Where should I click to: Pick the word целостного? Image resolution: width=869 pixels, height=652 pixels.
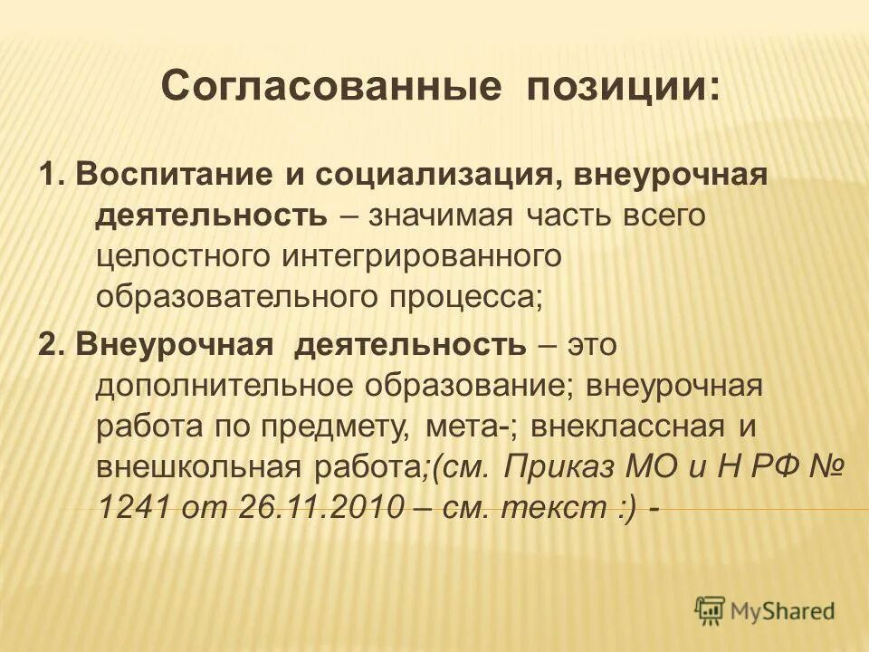(186, 256)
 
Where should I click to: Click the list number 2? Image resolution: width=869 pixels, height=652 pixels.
(47, 345)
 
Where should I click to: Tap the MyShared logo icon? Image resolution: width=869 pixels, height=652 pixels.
(711, 611)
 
